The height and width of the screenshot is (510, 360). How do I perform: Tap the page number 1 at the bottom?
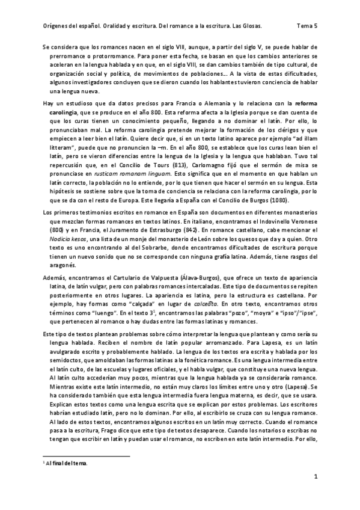click(x=315, y=477)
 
